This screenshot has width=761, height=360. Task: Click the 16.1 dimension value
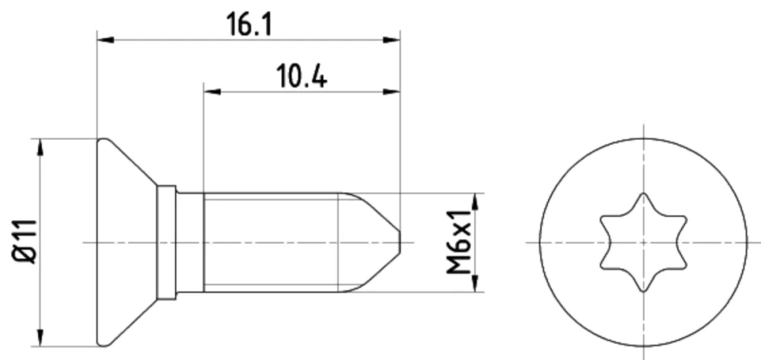pos(249,25)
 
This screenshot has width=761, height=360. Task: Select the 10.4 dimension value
pos(301,77)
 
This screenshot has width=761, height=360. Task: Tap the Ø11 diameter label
pos(24,241)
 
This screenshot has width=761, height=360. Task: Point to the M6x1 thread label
pos(459,242)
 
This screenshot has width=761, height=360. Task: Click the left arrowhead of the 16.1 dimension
pos(105,40)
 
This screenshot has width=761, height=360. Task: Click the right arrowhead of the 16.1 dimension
pos(392,40)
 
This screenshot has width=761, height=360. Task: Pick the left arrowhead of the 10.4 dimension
pos(212,91)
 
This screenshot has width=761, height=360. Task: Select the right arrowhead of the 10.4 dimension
pos(392,91)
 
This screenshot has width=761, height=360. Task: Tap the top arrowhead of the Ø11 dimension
pos(40,147)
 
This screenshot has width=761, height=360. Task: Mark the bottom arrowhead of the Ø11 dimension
pos(40,338)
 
